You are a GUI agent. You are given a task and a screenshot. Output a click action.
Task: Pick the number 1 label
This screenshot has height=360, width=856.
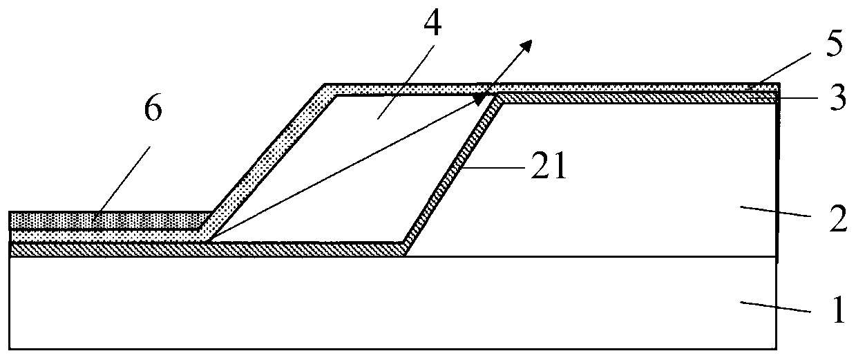(x=837, y=312)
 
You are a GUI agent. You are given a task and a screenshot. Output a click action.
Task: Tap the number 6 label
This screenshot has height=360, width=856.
(x=153, y=111)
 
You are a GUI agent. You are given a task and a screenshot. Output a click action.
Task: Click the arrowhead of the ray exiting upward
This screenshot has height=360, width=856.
(x=526, y=46)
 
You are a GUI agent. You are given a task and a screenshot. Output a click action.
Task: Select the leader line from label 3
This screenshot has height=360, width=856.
(x=801, y=100)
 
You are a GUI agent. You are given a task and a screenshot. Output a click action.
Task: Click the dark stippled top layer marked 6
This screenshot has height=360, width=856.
(x=104, y=220)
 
